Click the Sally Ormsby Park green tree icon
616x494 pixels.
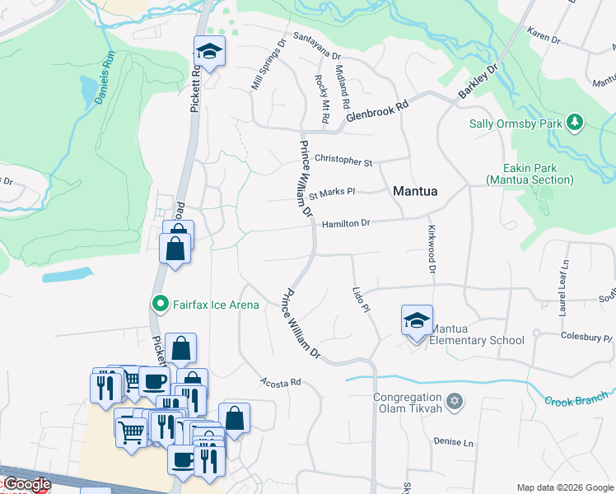575,123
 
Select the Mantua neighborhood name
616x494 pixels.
415,191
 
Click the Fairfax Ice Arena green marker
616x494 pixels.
161,305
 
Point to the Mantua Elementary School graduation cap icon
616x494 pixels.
417,319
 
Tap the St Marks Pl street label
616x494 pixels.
332,194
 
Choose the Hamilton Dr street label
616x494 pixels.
346,223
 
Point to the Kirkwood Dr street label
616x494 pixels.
430,248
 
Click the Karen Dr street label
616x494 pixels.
544,38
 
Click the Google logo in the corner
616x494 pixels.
26,484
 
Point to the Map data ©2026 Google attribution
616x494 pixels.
565,487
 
